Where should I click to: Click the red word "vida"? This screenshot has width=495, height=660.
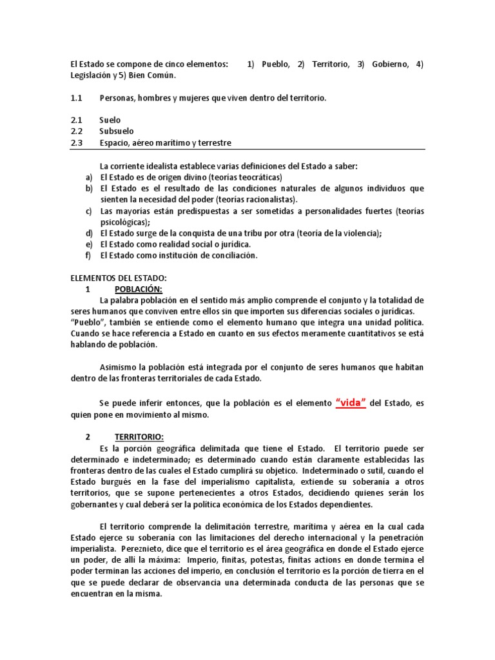coord(351,403)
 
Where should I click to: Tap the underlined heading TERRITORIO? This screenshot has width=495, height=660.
coord(139,437)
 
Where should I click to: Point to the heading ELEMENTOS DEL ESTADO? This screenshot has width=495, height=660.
coord(118,278)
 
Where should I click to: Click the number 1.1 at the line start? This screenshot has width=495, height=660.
coord(77,98)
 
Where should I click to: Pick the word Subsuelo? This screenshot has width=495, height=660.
coord(117,131)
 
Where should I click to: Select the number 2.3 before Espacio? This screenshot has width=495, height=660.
coord(77,143)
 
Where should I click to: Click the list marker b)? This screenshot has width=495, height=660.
coord(89,188)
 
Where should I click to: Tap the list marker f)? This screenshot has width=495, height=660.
coord(89,255)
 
